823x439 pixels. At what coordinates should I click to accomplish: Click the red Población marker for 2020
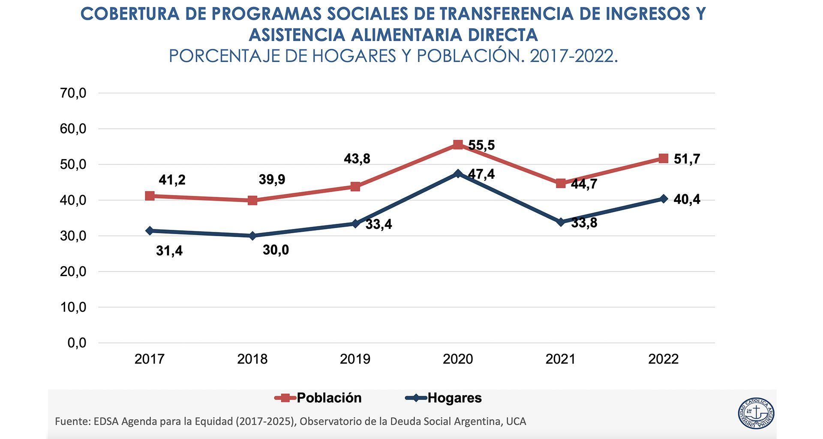pos(458,144)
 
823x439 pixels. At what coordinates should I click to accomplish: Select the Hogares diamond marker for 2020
pos(458,174)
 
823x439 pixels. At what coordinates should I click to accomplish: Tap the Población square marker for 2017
pos(150,196)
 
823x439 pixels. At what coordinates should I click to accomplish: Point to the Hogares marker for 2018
pos(252,236)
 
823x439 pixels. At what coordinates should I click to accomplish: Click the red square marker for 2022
pos(663,158)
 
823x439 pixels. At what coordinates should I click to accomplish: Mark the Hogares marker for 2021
pos(561,222)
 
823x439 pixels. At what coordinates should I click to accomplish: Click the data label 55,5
pos(481,145)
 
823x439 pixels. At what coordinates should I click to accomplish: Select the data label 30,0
pos(276,250)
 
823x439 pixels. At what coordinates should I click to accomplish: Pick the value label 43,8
pos(357,159)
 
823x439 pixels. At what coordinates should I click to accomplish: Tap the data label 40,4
pos(687,199)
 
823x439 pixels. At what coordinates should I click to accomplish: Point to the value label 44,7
pos(584,184)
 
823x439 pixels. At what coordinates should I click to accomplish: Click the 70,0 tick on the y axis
pos(73,93)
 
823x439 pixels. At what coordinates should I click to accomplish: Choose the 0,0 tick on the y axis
pos(77,343)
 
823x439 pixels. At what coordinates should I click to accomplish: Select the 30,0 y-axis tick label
pos(73,236)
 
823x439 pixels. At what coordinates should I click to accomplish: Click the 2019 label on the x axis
pos(355,359)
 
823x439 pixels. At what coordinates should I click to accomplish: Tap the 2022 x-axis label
pos(663,359)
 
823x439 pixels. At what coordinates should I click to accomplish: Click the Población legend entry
pos(318,398)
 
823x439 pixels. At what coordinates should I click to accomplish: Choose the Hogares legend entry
pos(444,398)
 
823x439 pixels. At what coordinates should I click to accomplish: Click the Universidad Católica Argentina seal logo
pos(756,413)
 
